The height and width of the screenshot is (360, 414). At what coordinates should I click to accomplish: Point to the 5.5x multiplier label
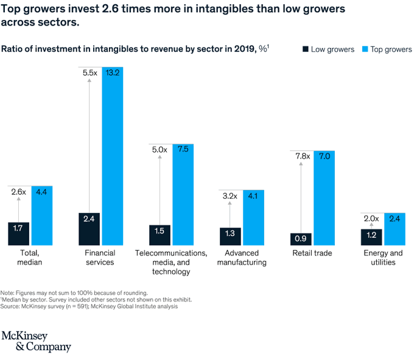click(x=89, y=72)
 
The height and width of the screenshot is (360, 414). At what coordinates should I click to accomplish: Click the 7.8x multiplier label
click(x=301, y=156)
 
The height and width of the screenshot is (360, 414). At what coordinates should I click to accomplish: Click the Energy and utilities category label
click(x=384, y=257)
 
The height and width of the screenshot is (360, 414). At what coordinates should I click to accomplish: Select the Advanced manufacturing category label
click(x=241, y=257)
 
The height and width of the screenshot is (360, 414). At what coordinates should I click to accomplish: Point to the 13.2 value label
click(x=113, y=72)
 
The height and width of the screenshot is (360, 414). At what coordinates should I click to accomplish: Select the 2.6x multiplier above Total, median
click(x=18, y=192)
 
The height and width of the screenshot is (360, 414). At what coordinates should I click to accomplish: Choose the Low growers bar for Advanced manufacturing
click(x=231, y=236)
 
